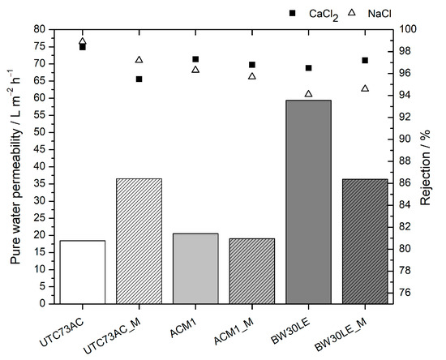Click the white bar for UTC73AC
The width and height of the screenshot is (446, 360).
click(x=82, y=272)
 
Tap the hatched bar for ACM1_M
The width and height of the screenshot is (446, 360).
click(x=252, y=271)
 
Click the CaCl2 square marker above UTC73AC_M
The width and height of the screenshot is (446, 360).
click(x=139, y=79)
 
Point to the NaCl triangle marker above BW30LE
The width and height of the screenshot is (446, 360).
click(x=308, y=94)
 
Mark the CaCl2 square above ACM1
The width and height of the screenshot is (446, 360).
click(x=195, y=59)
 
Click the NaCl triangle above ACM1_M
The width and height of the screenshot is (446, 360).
click(x=252, y=76)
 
